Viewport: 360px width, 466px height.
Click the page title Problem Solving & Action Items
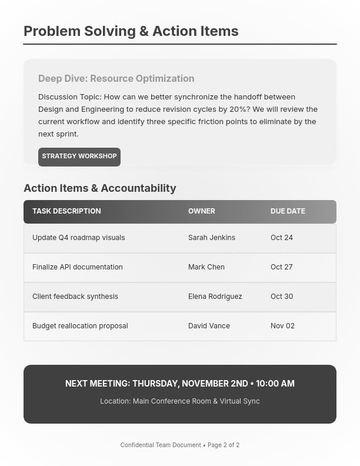(131, 31)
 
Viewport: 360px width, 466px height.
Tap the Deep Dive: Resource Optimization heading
(116, 78)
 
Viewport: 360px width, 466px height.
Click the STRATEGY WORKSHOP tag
(79, 157)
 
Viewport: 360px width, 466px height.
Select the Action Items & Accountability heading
(100, 188)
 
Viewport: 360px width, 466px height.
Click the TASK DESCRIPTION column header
(66, 211)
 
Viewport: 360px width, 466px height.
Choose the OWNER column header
(201, 211)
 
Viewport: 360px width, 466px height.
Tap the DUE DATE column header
(288, 211)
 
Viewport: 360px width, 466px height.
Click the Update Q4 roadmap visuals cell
(78, 238)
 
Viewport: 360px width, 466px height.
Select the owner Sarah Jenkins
(211, 238)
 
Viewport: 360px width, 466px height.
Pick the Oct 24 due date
(281, 238)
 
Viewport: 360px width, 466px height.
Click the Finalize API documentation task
(78, 267)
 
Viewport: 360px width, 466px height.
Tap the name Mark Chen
(206, 267)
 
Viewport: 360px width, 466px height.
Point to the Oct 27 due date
(281, 267)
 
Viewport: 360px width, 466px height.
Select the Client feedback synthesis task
(75, 297)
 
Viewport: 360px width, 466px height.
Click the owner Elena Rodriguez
(215, 297)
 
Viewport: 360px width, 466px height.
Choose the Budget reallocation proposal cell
(80, 326)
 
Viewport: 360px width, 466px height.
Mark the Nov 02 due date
(282, 326)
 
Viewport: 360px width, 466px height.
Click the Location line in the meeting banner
(179, 401)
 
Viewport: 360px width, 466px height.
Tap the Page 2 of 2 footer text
(223, 445)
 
